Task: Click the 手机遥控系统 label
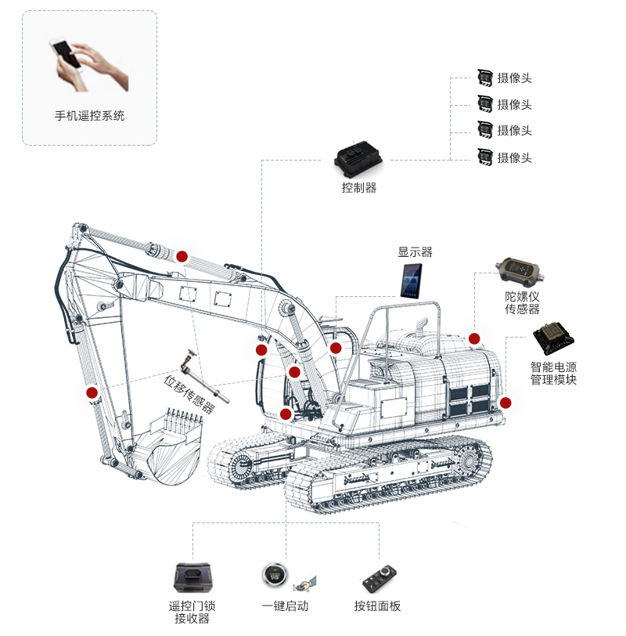pyautogui.click(x=89, y=116)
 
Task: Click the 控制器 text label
pyautogui.click(x=359, y=188)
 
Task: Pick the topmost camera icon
pyautogui.click(x=485, y=77)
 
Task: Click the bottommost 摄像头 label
pyautogui.click(x=515, y=157)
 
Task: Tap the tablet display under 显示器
pyautogui.click(x=412, y=280)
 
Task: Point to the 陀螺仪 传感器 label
pyautogui.click(x=522, y=302)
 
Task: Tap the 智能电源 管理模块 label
pyautogui.click(x=553, y=373)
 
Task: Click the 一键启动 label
pyautogui.click(x=285, y=605)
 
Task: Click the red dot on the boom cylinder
pyautogui.click(x=182, y=255)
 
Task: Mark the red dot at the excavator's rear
pyautogui.click(x=505, y=403)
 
